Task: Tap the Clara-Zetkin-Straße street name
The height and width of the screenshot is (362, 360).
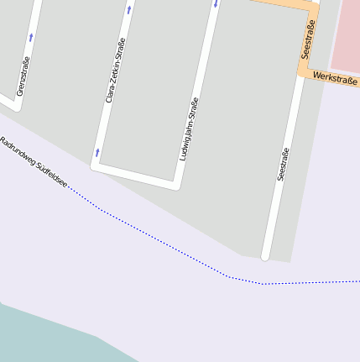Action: point(116,71)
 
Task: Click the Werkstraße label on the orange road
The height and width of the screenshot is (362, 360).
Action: point(334,79)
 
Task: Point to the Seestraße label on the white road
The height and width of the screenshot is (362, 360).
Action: point(283,165)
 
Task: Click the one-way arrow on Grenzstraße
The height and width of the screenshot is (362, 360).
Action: point(30,37)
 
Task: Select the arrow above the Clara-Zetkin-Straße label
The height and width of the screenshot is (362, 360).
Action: point(129,10)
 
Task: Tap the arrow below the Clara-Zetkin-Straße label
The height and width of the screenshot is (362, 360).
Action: point(97,153)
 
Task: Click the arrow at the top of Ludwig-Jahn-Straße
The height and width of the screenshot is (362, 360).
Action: point(216,3)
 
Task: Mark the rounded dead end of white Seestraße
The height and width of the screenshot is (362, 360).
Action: point(266,254)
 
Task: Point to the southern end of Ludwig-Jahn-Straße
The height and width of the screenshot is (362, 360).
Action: point(176,184)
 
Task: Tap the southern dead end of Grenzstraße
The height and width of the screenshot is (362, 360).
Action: point(17,107)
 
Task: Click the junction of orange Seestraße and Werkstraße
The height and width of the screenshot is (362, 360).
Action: point(305,71)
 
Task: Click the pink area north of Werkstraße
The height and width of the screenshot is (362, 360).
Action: point(346,34)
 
